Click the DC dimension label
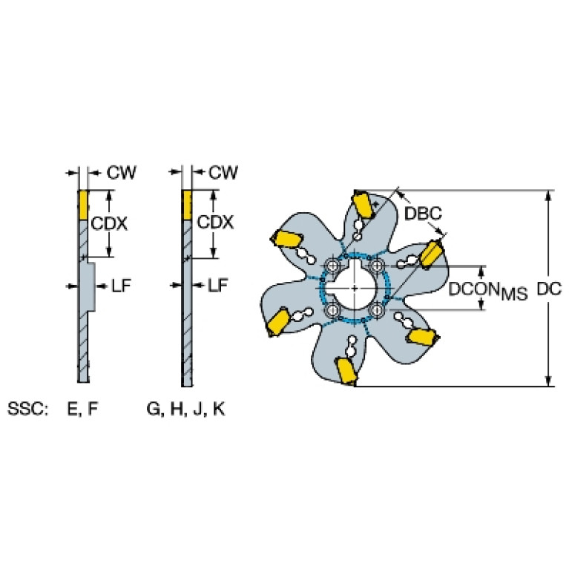[x=549, y=289]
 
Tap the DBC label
[x=423, y=214]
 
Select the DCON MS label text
[x=488, y=291]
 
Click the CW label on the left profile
[x=121, y=172]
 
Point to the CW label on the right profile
[x=223, y=172]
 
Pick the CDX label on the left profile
[x=109, y=223]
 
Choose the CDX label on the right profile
[x=215, y=222]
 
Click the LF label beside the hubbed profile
[x=121, y=286]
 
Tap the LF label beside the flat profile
[x=217, y=285]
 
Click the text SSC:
[x=27, y=409]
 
